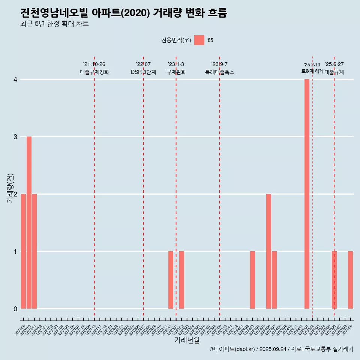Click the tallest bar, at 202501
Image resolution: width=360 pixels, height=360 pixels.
click(307, 194)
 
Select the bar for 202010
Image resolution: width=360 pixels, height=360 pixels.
click(29, 222)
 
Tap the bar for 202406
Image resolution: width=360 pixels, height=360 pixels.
click(268, 251)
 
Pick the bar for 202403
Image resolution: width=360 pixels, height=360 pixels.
click(252, 280)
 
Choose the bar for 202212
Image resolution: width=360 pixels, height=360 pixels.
click(171, 280)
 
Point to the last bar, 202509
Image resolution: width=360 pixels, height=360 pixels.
click(350, 280)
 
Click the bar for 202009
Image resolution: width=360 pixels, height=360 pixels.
click(23, 251)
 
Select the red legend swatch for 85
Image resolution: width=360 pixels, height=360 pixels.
click(199, 40)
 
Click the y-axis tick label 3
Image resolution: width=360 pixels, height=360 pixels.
click(15, 136)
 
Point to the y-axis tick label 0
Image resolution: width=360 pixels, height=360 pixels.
click(15, 309)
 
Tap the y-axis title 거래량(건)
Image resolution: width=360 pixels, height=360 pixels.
click(10, 188)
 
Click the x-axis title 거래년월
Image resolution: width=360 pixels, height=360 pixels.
click(187, 340)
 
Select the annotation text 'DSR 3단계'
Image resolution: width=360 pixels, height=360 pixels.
click(143, 72)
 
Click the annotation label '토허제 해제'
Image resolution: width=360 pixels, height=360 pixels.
click(312, 71)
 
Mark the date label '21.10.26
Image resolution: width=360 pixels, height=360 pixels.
click(94, 64)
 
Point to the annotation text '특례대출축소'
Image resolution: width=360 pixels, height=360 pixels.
click(219, 72)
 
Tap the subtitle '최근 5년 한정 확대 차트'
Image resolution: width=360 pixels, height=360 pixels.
click(55, 24)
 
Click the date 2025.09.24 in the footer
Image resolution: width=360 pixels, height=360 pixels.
click(273, 349)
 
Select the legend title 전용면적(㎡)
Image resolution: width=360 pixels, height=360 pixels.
click(176, 40)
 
